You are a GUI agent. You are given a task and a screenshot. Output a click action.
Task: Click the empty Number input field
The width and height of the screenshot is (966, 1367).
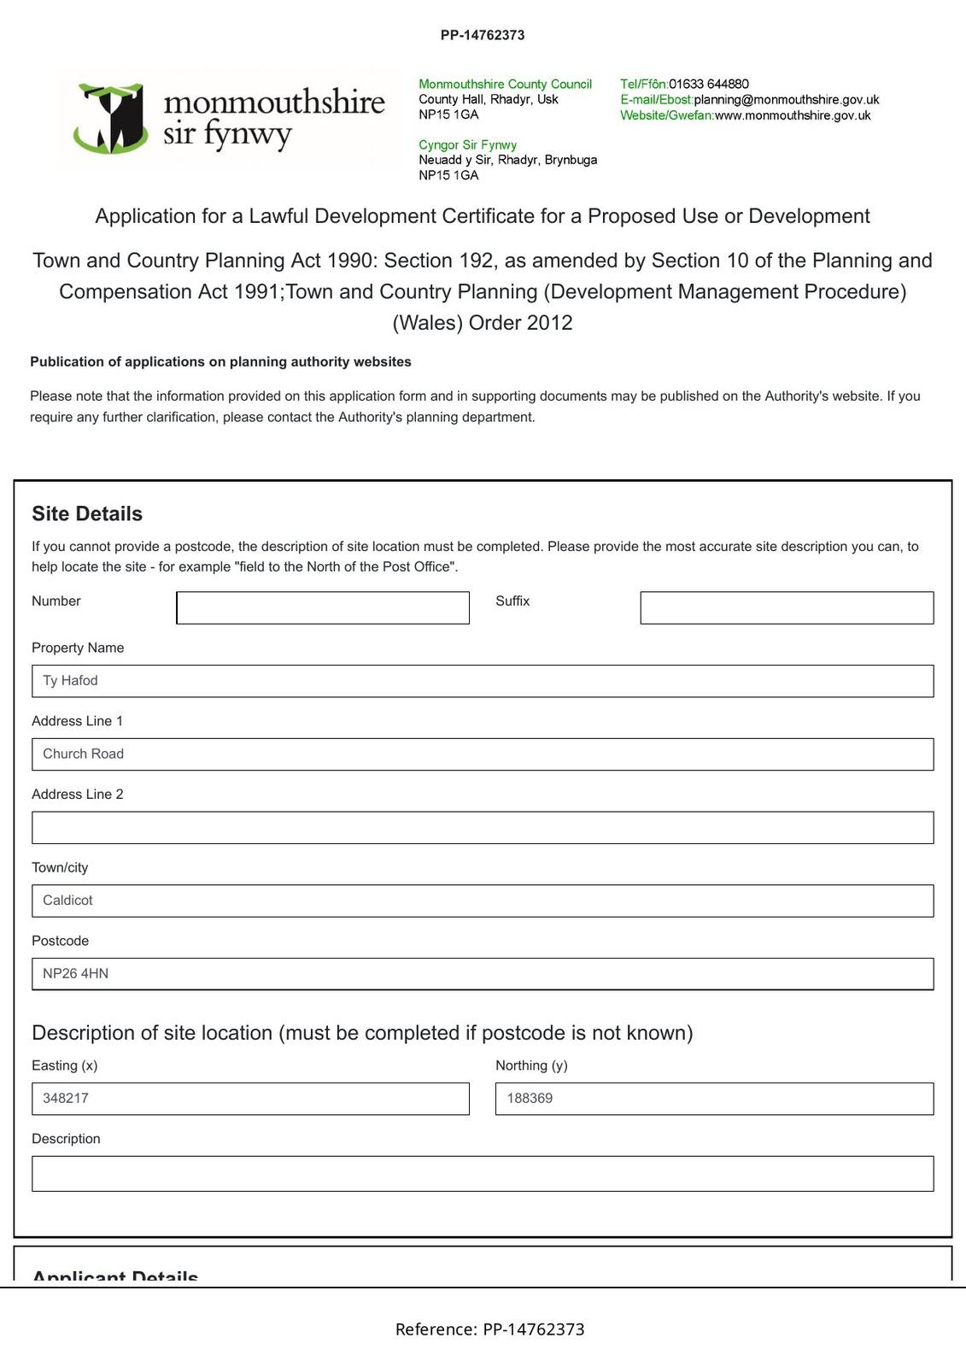322,607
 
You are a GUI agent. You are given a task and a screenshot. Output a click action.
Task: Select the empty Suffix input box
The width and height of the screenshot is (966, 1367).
786,607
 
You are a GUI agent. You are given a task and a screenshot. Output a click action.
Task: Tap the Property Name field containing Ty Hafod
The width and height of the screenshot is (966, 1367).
482,681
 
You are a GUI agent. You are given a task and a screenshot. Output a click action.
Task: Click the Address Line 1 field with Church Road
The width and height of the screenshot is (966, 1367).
482,754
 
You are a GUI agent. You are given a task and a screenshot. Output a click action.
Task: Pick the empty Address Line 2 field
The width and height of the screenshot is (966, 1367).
482,828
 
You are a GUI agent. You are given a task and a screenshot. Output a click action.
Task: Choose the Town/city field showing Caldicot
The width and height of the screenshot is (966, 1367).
482,901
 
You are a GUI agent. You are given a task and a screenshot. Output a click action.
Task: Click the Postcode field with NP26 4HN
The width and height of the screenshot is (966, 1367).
482,974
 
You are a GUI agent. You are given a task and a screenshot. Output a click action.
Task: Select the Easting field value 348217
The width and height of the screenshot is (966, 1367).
249,1099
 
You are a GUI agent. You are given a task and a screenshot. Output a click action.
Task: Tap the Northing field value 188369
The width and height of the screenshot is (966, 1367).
713,1099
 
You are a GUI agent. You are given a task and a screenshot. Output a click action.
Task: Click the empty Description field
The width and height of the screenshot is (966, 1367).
482,1174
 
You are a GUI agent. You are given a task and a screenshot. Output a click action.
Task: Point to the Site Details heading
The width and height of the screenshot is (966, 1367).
87,513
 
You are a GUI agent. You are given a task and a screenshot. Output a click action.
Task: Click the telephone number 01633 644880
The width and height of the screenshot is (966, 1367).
708,84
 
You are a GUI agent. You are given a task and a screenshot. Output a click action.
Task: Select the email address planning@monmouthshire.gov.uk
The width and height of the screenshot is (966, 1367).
786,99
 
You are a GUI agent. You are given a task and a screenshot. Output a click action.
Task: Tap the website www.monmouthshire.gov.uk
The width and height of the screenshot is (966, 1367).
792,115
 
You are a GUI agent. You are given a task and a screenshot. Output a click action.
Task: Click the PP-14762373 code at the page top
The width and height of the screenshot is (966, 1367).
483,35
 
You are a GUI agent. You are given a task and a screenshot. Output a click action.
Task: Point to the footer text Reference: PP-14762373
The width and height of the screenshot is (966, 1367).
489,1329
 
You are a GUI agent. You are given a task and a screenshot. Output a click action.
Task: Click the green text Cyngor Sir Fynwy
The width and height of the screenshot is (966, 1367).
467,144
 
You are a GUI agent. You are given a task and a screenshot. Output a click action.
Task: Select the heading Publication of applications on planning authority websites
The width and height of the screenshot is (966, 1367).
220,361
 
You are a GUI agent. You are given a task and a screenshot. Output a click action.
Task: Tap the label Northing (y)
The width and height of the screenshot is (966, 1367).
531,1065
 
